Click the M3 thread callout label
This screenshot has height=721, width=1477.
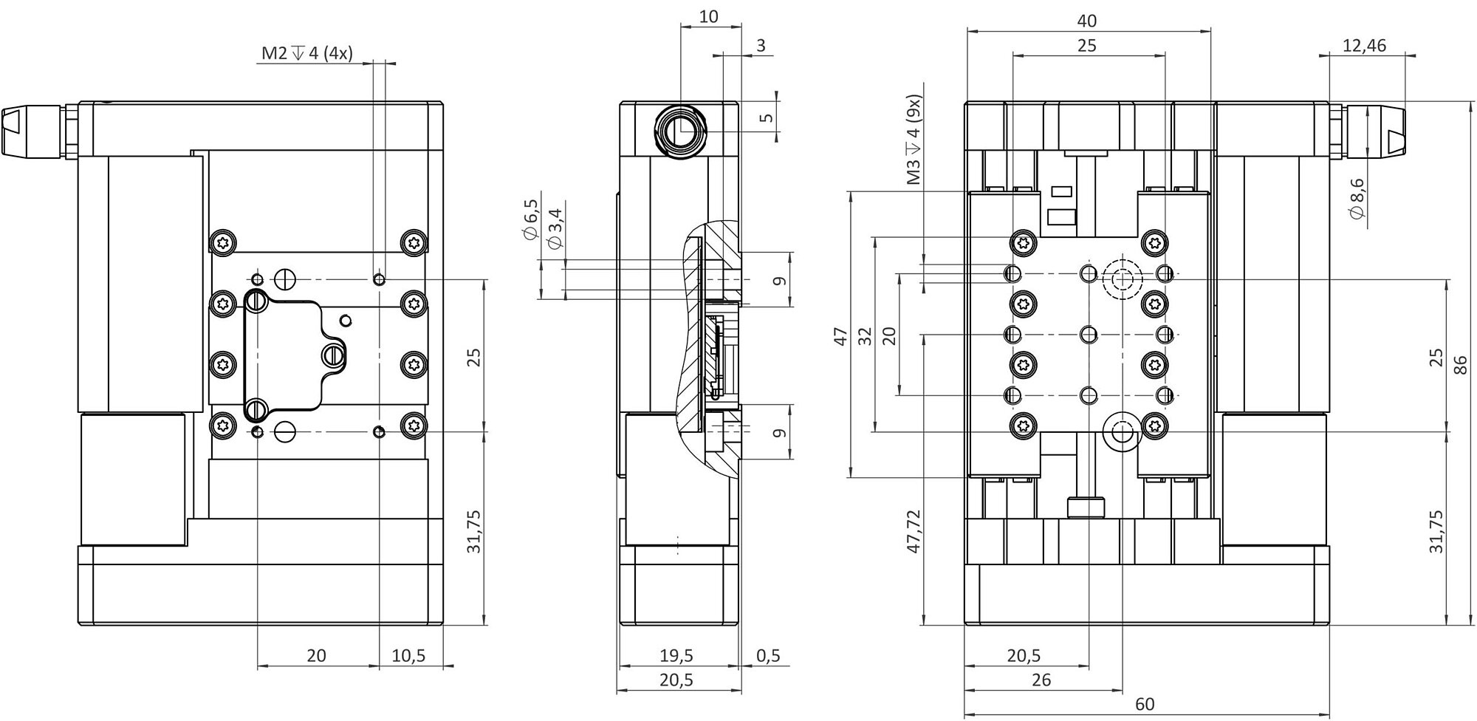pos(914,140)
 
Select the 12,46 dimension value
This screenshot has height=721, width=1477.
pos(1364,46)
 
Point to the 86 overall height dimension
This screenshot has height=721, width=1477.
pos(1460,365)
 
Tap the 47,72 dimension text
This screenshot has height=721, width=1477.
pos(914,531)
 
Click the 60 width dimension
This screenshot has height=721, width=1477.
pos(1144,704)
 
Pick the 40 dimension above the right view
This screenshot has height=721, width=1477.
pos(1087,21)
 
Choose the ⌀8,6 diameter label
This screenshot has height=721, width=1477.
pos(1356,198)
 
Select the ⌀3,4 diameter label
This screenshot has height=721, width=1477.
pos(555,228)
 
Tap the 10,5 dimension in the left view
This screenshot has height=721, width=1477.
pos(408,655)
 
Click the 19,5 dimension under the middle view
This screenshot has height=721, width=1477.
pos(676,655)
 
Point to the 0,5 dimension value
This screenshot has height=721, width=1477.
pos(768,655)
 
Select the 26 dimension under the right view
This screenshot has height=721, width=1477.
pos(1041,680)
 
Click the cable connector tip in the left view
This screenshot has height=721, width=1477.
pos(15,131)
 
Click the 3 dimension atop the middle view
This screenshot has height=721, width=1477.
pos(761,46)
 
